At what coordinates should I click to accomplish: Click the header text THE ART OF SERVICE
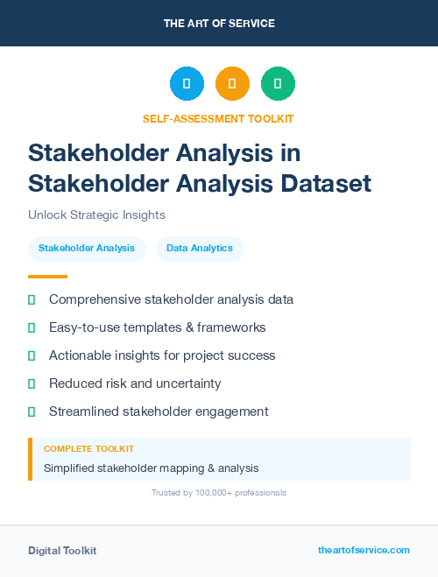click(219, 24)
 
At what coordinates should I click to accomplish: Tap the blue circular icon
click(187, 84)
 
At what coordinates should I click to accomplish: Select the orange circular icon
click(232, 84)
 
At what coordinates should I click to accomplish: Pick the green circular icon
click(278, 84)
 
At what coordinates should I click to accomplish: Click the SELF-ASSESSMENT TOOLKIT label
click(218, 118)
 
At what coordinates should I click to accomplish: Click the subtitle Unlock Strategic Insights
click(96, 215)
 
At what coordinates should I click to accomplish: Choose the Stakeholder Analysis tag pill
click(87, 248)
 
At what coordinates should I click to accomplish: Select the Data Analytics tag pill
click(200, 248)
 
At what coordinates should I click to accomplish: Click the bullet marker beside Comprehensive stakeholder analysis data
click(32, 299)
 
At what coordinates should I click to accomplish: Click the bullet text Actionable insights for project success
click(162, 355)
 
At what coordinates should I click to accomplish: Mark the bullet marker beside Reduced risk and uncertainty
click(32, 383)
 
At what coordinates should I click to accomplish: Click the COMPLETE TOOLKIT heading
click(88, 449)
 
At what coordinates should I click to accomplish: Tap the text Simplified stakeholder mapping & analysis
click(151, 468)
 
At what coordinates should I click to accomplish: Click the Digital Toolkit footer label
click(62, 550)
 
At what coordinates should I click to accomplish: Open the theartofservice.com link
click(364, 550)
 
